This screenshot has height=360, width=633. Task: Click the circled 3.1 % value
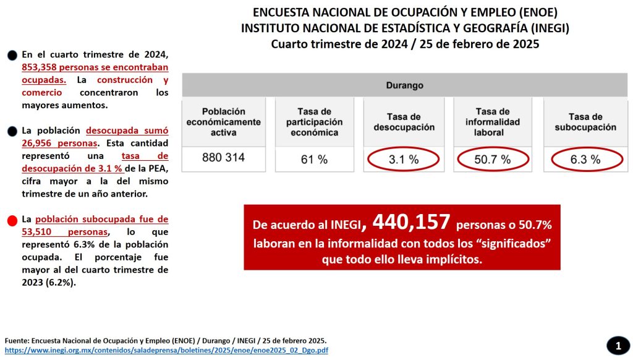pyautogui.click(x=403, y=160)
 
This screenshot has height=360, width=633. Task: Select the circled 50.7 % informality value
pyautogui.click(x=492, y=160)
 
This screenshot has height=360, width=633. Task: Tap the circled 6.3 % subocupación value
pyautogui.click(x=585, y=160)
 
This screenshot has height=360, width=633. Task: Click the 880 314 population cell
pyautogui.click(x=223, y=158)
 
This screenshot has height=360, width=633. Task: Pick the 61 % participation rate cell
pyautogui.click(x=313, y=160)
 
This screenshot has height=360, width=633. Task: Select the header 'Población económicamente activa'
pyautogui.click(x=223, y=122)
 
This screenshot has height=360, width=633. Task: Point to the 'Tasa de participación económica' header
pyautogui.click(x=313, y=122)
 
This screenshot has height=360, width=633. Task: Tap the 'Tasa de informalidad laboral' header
pyautogui.click(x=493, y=122)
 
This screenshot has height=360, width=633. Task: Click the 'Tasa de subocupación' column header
pyautogui.click(x=585, y=122)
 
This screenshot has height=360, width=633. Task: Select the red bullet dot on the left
pyautogui.click(x=12, y=221)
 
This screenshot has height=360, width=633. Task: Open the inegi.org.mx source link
pyautogui.click(x=166, y=351)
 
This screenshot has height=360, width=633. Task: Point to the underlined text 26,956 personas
pyautogui.click(x=59, y=143)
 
